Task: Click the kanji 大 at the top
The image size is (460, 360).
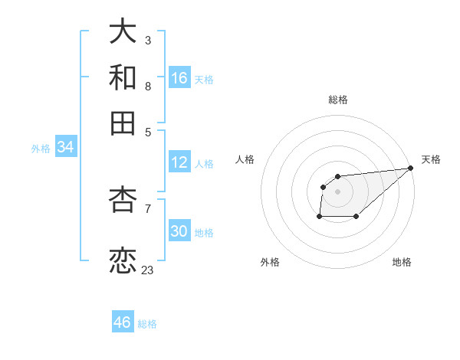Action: coord(123,31)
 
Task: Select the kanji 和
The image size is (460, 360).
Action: coord(123,77)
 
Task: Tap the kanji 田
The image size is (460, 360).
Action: coord(123,123)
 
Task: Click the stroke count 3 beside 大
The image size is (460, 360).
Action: coord(147,40)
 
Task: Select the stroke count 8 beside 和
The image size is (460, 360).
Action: coord(147,86)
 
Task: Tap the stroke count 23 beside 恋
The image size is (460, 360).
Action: coord(147,270)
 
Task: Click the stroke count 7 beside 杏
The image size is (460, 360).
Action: coord(147,208)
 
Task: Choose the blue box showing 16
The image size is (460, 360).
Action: coord(179,78)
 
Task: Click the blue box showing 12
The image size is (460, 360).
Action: coord(179,162)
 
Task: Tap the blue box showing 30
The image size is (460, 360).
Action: coord(179,231)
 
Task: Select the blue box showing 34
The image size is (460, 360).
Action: coord(65,148)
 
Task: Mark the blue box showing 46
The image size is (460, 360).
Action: coord(123,322)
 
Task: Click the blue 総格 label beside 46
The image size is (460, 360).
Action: coord(147,324)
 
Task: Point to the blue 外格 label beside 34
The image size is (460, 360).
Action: coord(41,149)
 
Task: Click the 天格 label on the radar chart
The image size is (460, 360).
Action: coord(431,159)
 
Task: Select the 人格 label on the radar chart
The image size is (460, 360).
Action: coord(245,159)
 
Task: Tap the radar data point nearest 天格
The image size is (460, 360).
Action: coord(410,168)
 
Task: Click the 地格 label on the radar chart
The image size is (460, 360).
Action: coord(402,262)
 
